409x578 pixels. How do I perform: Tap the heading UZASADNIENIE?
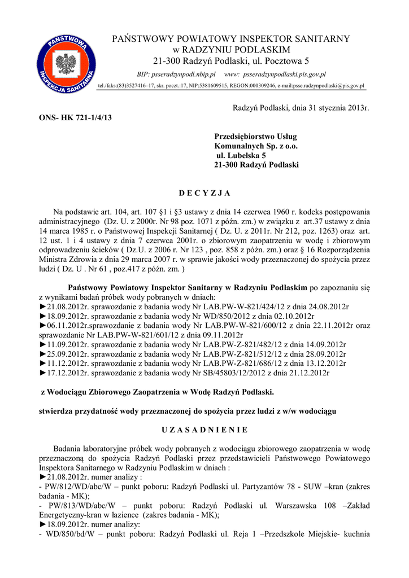click(x=204, y=430)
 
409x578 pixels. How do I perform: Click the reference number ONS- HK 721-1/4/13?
click(x=75, y=117)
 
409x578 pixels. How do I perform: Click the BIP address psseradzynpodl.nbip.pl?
click(x=187, y=75)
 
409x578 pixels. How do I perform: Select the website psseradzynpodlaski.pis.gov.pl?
click(x=284, y=75)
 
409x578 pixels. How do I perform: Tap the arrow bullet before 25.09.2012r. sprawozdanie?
click(x=42, y=354)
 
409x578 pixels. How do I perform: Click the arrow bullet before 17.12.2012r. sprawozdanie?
click(x=42, y=373)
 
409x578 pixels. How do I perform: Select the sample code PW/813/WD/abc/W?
click(x=81, y=505)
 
